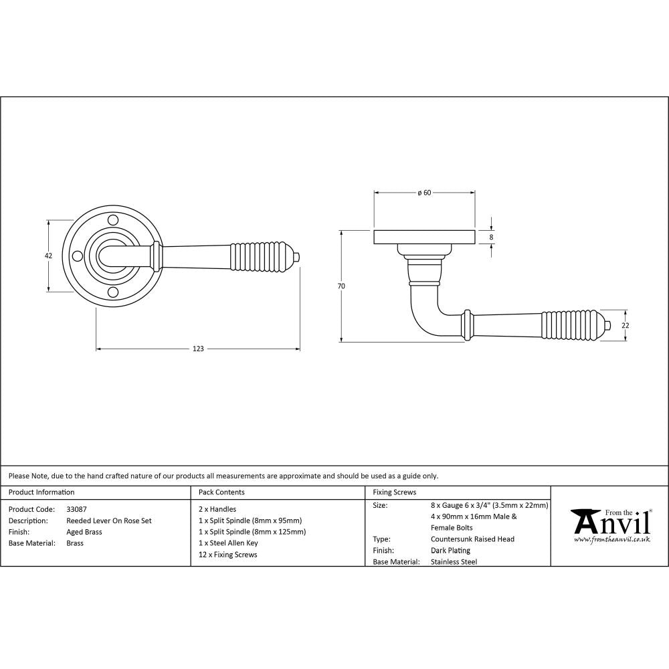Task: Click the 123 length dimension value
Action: tap(198, 349)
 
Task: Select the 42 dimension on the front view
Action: tap(48, 256)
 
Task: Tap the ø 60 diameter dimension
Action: tap(424, 193)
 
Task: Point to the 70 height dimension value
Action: tap(341, 286)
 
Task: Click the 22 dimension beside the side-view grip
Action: tap(626, 326)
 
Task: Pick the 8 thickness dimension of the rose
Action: tap(492, 237)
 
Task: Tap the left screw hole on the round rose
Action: tap(78, 256)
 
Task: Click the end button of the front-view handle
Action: tap(298, 256)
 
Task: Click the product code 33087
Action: tap(76, 509)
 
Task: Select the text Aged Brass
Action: tap(84, 532)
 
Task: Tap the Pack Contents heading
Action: tap(221, 492)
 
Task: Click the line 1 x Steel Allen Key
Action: tap(228, 543)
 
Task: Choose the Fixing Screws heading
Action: tap(394, 492)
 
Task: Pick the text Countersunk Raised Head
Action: tap(472, 539)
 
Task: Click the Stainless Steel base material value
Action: tap(454, 562)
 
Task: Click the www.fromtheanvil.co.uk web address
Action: tap(611, 539)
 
